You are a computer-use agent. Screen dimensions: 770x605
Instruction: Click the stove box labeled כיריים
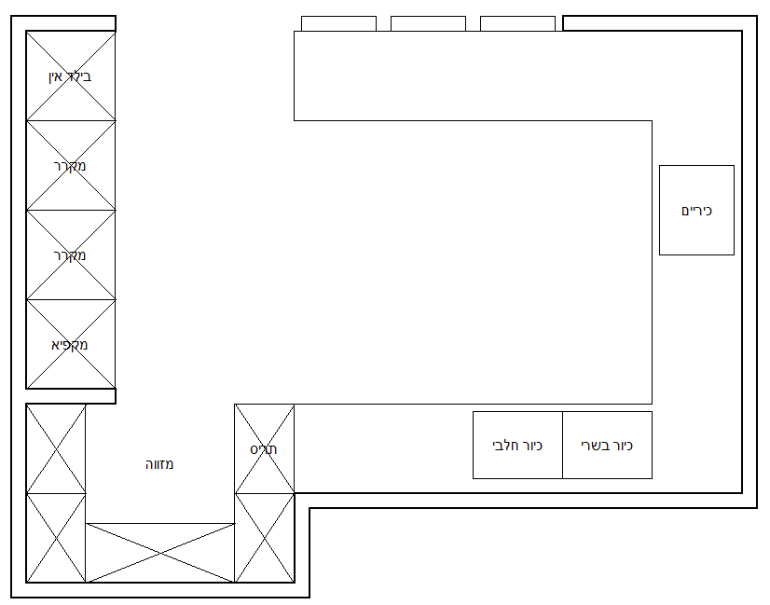pos(696,210)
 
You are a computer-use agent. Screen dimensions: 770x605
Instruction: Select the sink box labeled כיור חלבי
pos(517,445)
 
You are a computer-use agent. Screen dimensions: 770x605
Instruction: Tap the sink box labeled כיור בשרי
pos(608,445)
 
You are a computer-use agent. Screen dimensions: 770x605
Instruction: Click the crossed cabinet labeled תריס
pos(264,448)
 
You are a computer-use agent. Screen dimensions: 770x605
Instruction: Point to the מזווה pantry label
pos(159,464)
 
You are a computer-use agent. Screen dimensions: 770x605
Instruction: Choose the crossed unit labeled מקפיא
pos(71,344)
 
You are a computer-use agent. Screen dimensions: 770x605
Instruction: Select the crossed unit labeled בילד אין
pos(71,76)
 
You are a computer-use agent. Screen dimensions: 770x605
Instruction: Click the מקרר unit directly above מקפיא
pos(71,254)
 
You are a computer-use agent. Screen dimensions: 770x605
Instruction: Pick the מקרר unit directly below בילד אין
pos(71,165)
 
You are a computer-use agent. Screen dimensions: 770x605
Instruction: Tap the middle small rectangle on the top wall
pos(428,23)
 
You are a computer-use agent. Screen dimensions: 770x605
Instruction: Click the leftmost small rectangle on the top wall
pos(338,23)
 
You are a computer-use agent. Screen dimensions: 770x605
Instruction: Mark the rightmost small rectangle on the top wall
pos(517,23)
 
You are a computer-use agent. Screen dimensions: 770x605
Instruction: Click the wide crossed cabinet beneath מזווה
pos(160,553)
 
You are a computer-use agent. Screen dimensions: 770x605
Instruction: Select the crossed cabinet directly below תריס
pos(264,538)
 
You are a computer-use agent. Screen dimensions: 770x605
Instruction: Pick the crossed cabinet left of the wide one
pos(56,538)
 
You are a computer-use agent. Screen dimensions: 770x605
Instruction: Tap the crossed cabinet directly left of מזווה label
pos(56,448)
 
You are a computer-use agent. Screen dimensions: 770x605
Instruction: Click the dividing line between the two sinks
pos(562,445)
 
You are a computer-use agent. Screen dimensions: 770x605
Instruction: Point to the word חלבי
pos(502,446)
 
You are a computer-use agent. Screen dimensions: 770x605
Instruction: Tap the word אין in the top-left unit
pos(56,76)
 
